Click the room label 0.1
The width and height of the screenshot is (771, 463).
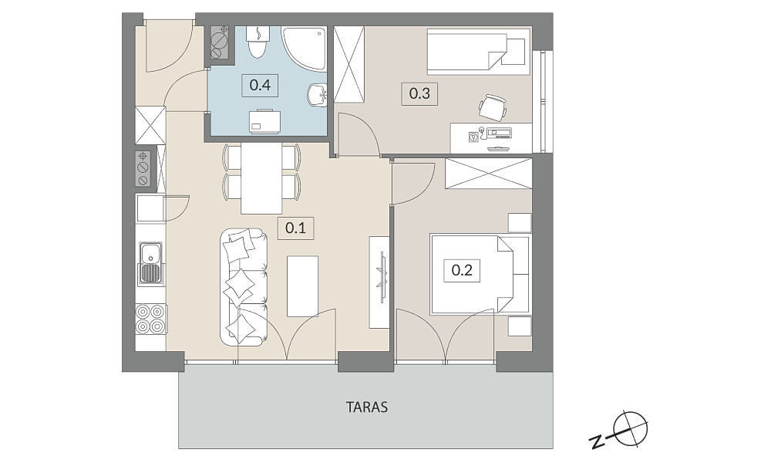point(295,228)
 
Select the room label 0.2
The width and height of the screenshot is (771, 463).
point(462,270)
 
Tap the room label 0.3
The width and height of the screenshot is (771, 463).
point(419,93)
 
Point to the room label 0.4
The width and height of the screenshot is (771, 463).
point(260,85)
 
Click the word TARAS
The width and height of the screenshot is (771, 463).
point(367,407)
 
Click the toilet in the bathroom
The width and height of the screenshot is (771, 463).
point(258,42)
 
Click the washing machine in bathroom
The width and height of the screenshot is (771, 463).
point(265,121)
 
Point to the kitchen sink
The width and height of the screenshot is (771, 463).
point(150,262)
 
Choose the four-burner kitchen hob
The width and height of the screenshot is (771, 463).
point(150,319)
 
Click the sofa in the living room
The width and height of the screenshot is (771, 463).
point(244,286)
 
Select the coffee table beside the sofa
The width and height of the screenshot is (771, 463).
point(302,286)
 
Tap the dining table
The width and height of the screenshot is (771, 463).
point(261,178)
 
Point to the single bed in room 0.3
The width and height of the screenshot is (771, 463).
point(478,51)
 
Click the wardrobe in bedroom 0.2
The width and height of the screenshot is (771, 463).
point(488,174)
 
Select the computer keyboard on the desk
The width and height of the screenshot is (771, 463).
point(499,133)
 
